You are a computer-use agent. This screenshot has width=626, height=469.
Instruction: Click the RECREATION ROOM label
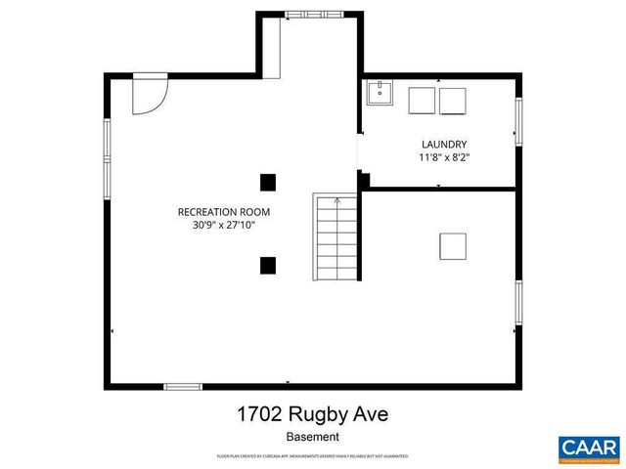coord(223,211)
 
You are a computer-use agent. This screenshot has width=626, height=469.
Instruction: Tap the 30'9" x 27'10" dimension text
coord(223,225)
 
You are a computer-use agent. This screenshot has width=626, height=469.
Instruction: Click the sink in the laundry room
coord(380,95)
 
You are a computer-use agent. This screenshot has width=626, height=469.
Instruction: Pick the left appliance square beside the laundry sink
coord(421,101)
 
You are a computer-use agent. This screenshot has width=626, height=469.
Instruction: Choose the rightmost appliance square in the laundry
coord(453,101)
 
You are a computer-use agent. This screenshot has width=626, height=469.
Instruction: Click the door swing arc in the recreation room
coord(152,96)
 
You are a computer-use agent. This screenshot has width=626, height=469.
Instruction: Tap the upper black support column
coord(268,181)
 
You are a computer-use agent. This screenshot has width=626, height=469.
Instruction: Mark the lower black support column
coord(268,264)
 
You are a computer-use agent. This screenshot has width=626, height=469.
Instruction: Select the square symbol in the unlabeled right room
coord(453,245)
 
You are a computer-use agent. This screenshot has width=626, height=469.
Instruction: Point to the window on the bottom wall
coord(183,386)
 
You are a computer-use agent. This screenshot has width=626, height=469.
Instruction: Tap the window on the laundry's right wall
coord(518,119)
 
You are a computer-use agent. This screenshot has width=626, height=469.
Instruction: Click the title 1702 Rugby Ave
coord(312,414)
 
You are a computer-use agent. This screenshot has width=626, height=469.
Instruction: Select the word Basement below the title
coord(312,437)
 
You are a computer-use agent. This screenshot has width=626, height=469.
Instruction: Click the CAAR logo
coord(589,448)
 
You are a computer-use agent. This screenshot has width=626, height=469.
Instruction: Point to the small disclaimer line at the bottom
coord(312,456)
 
